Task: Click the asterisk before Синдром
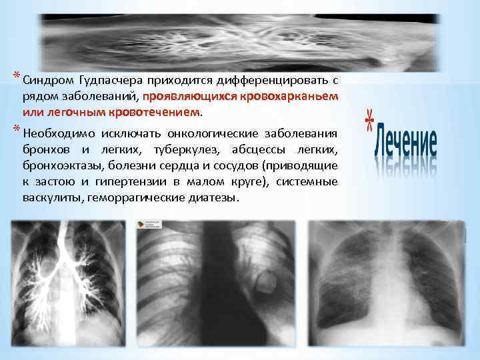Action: point(17,75)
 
